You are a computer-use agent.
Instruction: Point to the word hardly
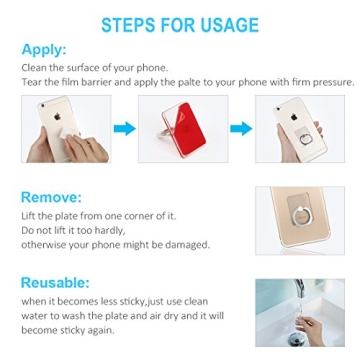(91, 229)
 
